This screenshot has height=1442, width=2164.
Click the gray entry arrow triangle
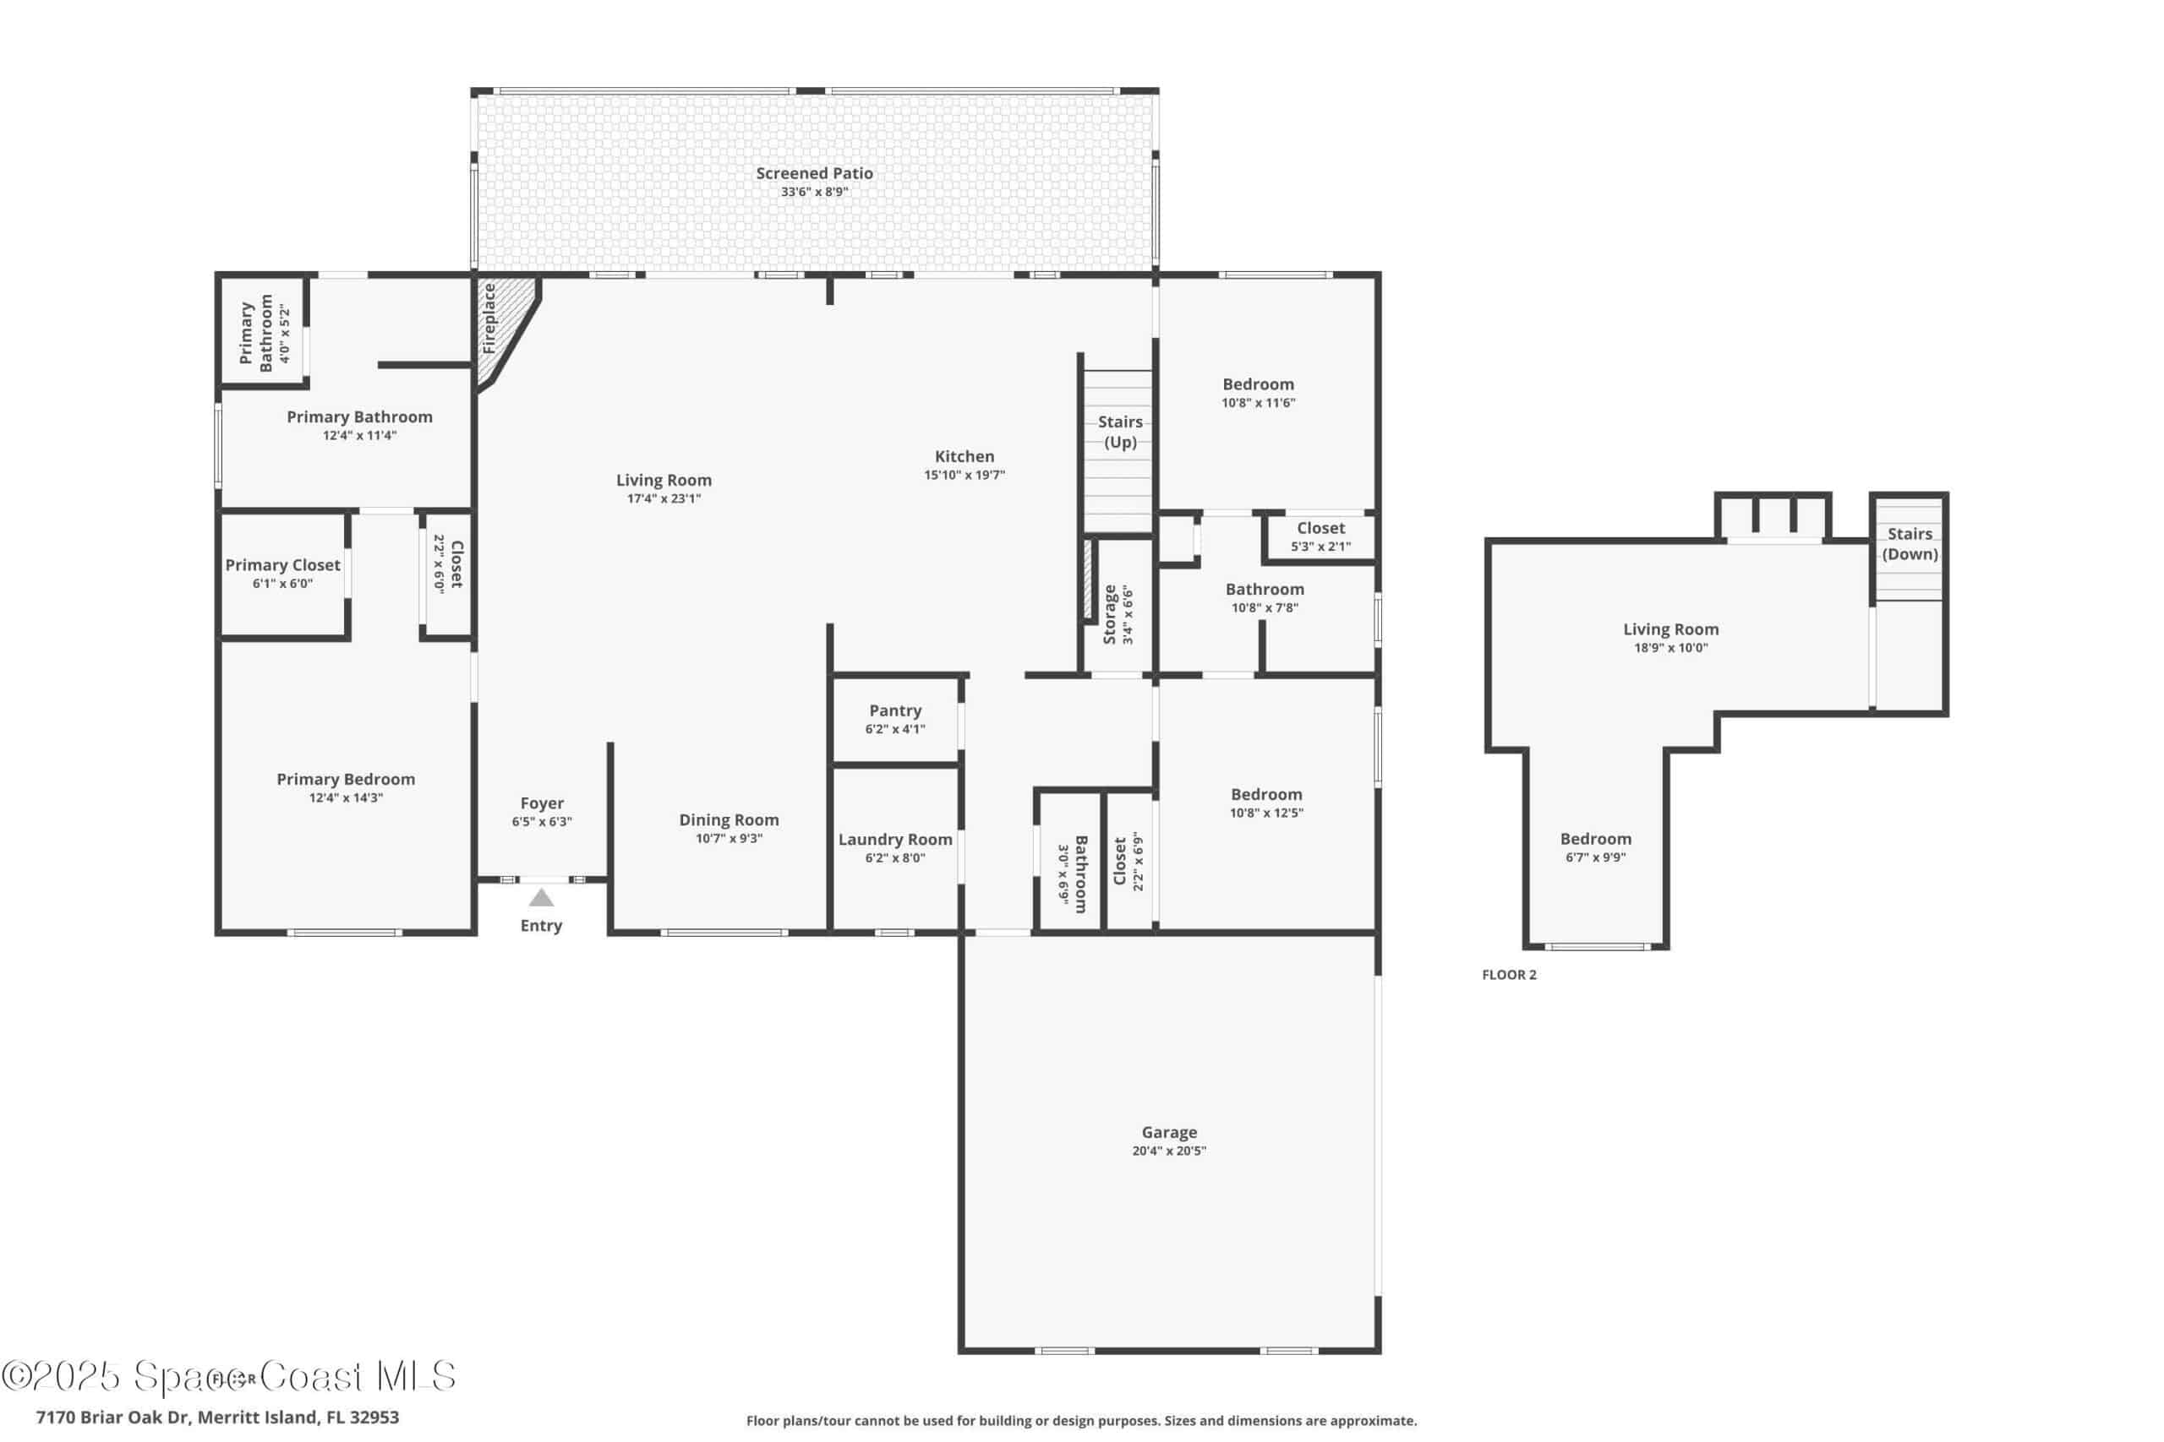coord(541,898)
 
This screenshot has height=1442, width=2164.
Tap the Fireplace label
coord(489,318)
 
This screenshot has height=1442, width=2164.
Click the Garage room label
coord(1169,1132)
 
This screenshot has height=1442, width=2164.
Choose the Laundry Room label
coord(895,840)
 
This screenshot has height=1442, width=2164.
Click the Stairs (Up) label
coord(1120,433)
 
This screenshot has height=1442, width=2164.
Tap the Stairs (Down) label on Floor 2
coord(1910,543)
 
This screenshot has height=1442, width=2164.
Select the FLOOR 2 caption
coord(1509,975)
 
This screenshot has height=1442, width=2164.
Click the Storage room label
coord(1110,614)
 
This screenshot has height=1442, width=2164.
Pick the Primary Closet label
coord(282,564)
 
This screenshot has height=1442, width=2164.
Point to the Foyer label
coord(542,803)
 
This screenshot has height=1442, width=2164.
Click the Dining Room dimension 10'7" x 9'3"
coord(729,839)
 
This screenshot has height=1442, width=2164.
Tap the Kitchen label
coord(965,456)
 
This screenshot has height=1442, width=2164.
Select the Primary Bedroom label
coord(346,779)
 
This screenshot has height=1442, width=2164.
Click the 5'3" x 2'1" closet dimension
coord(1320,547)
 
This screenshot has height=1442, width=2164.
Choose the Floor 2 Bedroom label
coord(1595,839)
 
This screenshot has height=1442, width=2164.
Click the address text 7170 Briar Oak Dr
coord(112,1418)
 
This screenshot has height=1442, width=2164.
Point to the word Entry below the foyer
coord(541,926)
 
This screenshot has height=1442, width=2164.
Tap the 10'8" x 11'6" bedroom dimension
coord(1258,403)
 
